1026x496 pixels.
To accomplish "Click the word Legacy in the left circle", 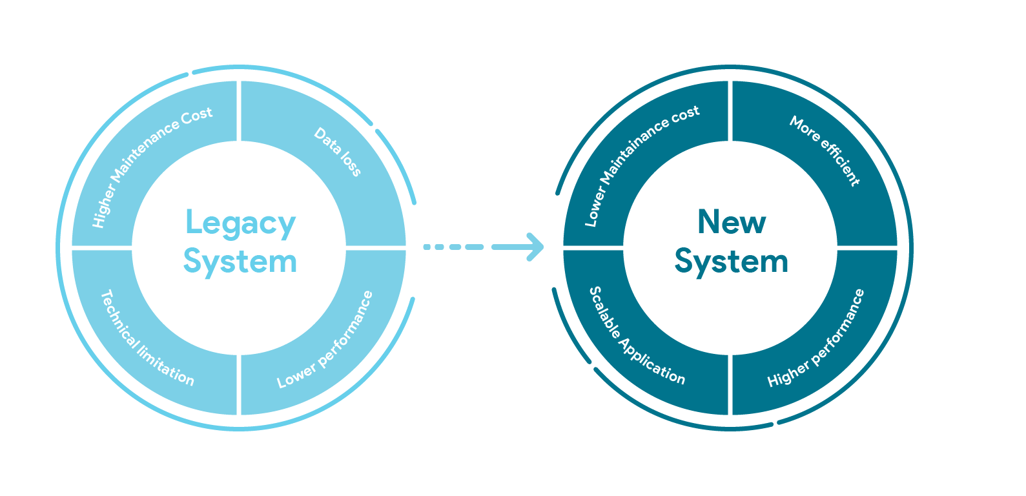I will coord(240,223).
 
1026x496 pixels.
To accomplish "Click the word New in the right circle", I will coord(732,222).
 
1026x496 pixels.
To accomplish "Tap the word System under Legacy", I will coord(240,262).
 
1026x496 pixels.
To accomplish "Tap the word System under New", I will coord(732,262).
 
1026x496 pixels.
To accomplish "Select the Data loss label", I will coord(338,152).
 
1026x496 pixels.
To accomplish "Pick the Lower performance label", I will coord(325,340).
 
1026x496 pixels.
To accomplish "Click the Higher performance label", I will coord(816,339).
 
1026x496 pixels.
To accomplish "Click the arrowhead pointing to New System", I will coord(534,247).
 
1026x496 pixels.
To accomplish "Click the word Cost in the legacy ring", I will coord(196,115).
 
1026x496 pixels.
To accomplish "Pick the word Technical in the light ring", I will coord(117,316).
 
